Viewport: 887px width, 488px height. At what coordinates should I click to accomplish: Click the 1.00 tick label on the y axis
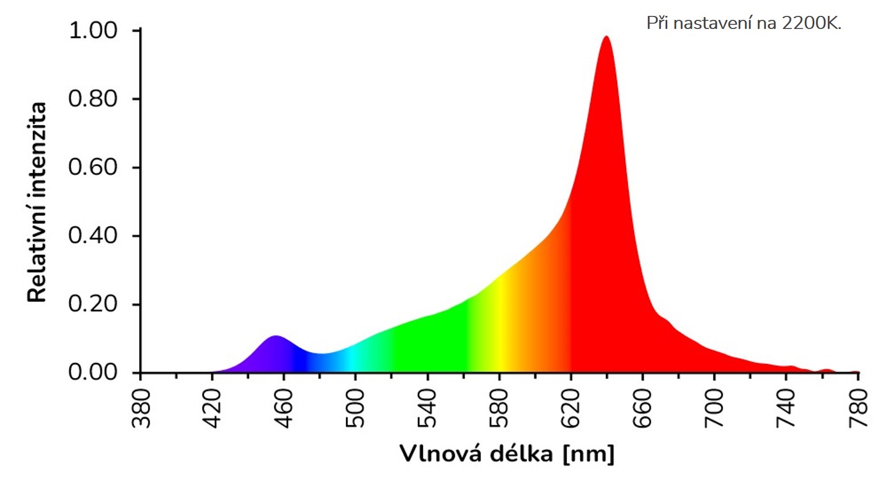[x=93, y=30]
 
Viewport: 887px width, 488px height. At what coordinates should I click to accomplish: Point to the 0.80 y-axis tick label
[x=93, y=99]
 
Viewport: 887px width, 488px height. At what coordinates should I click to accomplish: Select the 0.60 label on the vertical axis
[x=93, y=167]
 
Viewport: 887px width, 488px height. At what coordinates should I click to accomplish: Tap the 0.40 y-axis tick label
[x=93, y=235]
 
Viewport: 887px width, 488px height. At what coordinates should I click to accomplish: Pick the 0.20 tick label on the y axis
[x=93, y=304]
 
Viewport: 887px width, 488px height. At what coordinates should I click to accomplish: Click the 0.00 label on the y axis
[x=93, y=372]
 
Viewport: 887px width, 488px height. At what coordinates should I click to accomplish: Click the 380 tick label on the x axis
[x=140, y=408]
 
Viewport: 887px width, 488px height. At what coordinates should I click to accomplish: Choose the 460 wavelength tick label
[x=283, y=408]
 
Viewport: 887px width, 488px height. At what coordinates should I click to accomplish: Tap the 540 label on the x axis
[x=427, y=408]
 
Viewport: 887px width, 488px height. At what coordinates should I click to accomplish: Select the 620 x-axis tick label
[x=570, y=408]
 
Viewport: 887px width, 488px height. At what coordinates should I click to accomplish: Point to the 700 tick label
[x=714, y=408]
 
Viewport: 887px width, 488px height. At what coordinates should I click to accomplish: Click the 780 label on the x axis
[x=857, y=408]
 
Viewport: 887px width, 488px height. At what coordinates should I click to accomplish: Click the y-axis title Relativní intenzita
[x=37, y=202]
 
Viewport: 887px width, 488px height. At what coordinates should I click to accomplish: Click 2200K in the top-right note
[x=811, y=23]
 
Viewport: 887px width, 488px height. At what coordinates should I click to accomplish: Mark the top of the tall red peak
[x=606, y=37]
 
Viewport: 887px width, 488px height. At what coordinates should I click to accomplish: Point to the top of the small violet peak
[x=275, y=336]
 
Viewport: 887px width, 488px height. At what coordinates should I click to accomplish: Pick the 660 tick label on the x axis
[x=642, y=408]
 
